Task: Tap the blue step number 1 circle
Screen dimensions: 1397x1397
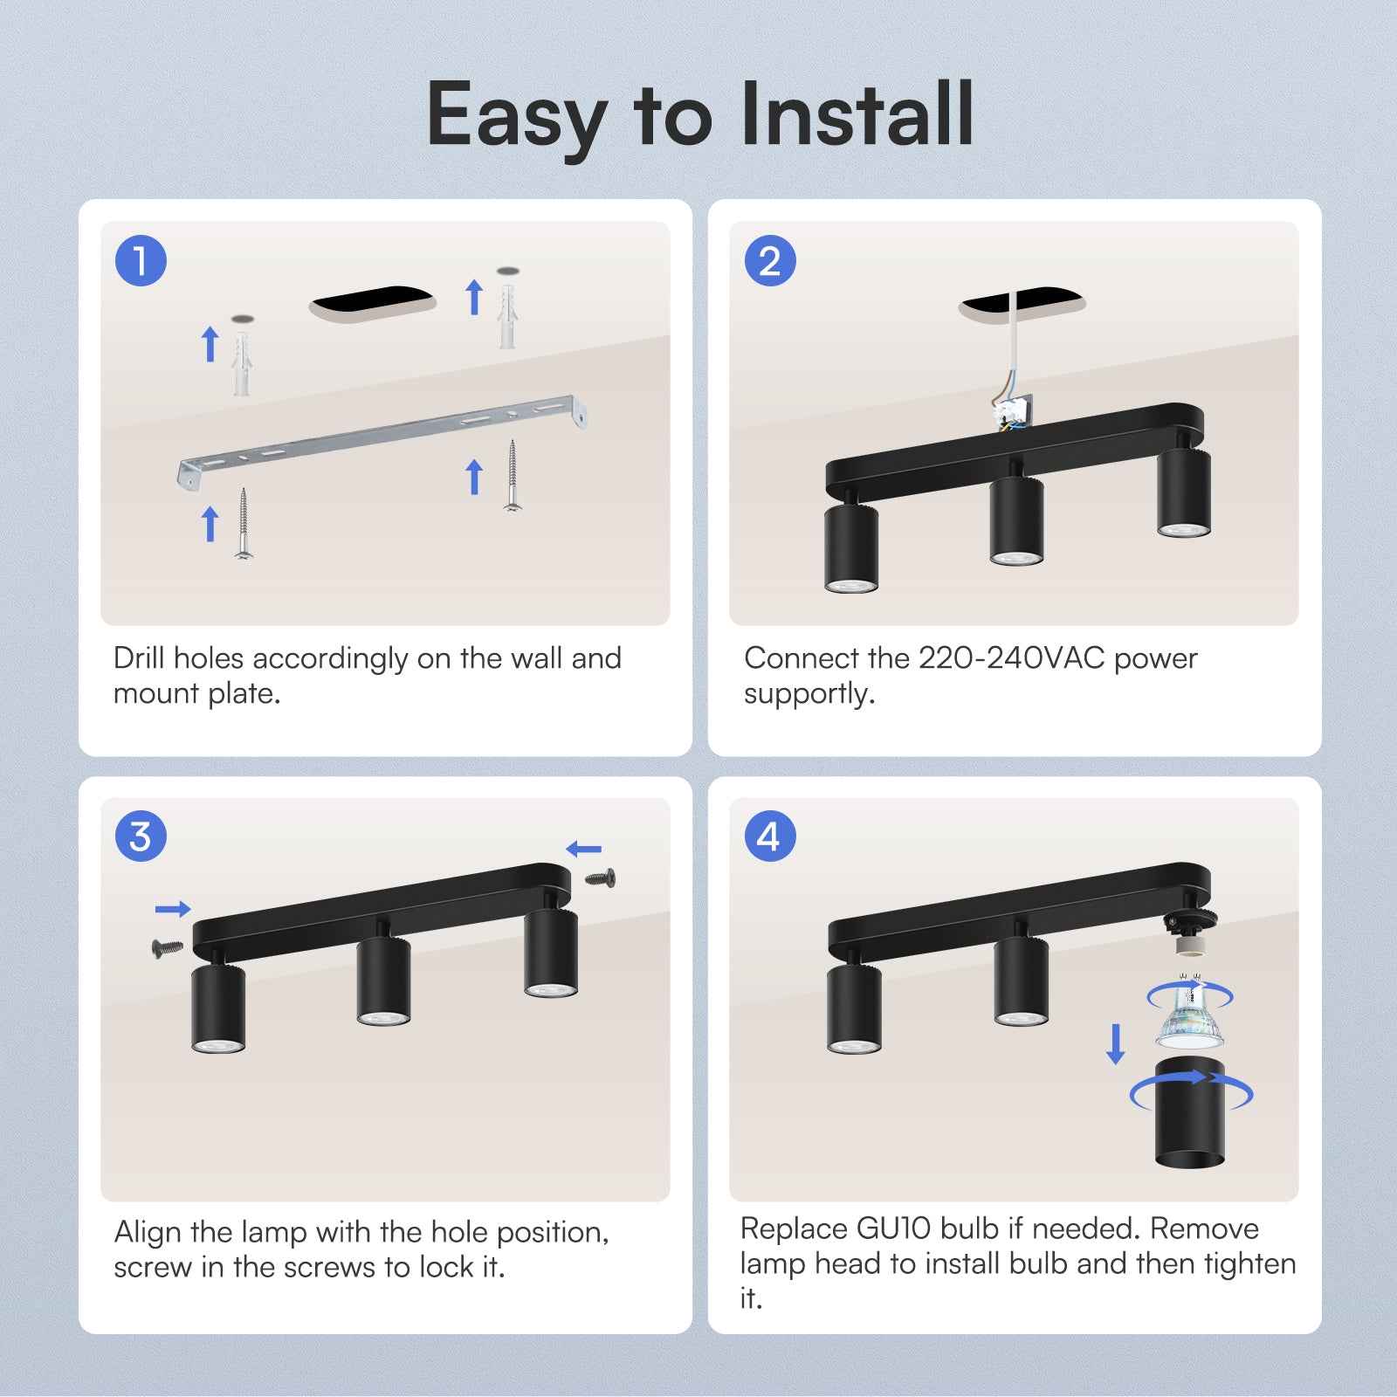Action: pos(141,261)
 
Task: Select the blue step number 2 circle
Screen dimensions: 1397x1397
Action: pos(769,261)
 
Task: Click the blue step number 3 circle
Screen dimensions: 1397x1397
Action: pos(141,836)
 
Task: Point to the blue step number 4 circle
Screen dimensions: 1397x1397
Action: pos(769,836)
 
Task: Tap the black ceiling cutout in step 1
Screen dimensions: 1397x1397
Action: pos(374,303)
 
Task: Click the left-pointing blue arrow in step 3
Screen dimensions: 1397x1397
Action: pos(583,849)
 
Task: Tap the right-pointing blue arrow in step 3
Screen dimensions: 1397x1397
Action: pos(173,909)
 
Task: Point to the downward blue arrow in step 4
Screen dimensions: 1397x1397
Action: pos(1115,1044)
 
